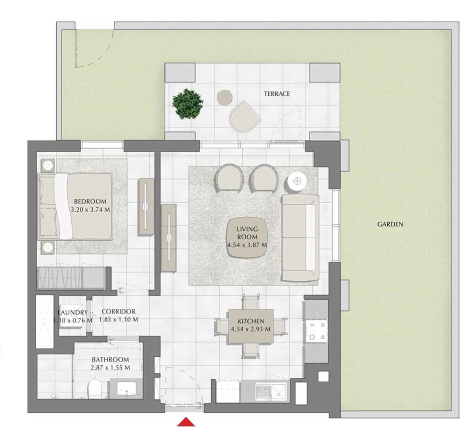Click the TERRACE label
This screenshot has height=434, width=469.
pos(277,94)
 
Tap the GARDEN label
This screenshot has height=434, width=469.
pos(390,224)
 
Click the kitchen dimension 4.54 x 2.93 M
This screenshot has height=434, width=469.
pos(250,329)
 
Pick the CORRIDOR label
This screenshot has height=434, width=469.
pos(118,312)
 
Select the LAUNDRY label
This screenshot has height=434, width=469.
pos(73,312)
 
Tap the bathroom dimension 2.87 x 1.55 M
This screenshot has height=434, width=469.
pos(110,367)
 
